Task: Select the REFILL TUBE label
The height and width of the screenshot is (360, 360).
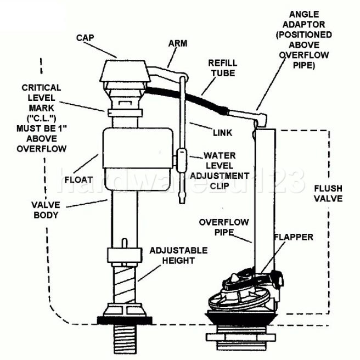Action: click(x=222, y=68)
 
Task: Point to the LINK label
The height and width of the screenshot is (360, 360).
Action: click(x=222, y=133)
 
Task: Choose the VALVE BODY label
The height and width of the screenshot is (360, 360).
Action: click(x=45, y=210)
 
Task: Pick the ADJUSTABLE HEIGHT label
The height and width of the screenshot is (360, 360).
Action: click(x=179, y=255)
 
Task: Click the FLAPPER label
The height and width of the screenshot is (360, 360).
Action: click(x=294, y=237)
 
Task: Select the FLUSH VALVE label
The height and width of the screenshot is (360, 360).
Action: click(x=328, y=193)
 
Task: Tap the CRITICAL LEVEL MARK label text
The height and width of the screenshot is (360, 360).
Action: click(x=42, y=117)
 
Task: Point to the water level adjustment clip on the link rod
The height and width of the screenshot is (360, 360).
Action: click(x=181, y=160)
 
